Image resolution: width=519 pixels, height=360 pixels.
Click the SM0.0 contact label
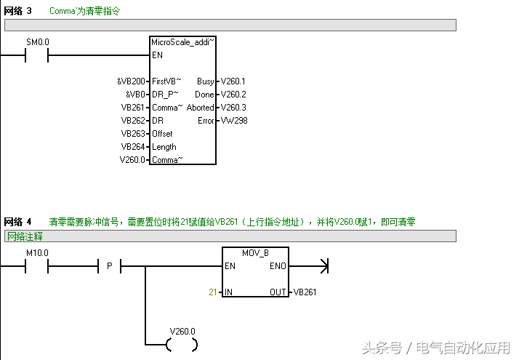click(38, 42)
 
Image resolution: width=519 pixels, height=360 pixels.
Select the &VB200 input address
click(131, 81)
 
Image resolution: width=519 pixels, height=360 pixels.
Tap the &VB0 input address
click(135, 95)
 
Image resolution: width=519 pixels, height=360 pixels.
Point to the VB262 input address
click(133, 121)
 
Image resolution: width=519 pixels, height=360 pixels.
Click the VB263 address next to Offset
click(133, 134)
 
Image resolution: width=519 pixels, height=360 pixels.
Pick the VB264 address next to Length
click(133, 147)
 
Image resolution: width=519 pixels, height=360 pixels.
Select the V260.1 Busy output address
click(233, 81)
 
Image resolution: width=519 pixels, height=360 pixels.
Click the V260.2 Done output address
click(233, 95)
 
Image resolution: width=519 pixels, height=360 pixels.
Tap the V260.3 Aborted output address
click(233, 108)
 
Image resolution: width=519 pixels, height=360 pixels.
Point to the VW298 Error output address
click(234, 121)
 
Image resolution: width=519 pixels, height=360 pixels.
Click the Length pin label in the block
click(164, 147)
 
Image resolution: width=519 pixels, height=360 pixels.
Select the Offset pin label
click(162, 134)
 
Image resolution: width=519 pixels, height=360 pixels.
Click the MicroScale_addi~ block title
click(182, 42)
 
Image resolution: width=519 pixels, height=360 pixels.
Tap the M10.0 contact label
click(37, 253)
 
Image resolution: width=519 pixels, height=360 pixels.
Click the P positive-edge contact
click(110, 266)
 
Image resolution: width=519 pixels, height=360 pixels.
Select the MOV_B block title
click(255, 253)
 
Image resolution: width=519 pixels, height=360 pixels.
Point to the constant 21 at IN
click(212, 292)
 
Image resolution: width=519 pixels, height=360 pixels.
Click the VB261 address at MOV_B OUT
click(305, 292)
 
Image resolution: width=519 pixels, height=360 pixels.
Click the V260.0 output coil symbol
click(182, 345)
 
